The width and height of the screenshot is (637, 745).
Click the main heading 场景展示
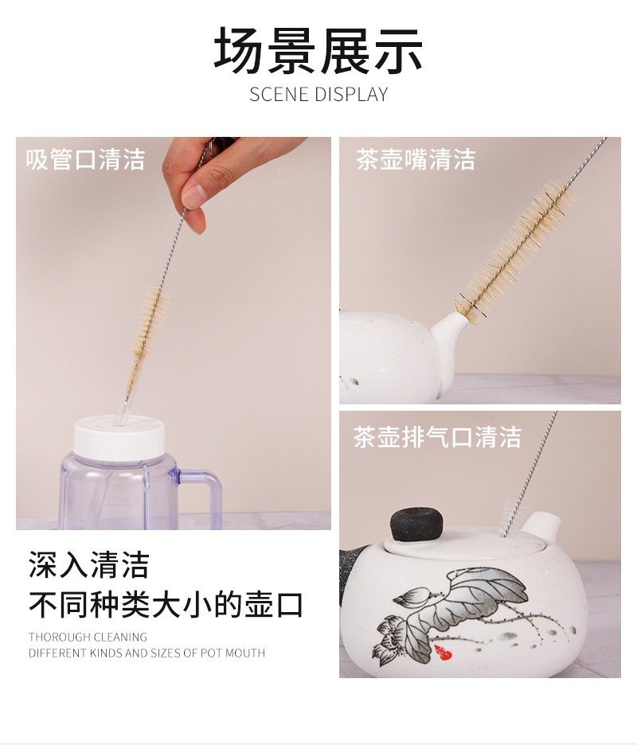[318, 51]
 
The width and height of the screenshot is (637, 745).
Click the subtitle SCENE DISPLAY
[318, 94]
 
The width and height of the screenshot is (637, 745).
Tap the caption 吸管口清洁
[85, 159]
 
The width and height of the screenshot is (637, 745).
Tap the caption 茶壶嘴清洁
[416, 159]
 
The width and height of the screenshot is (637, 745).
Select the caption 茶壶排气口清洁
[437, 437]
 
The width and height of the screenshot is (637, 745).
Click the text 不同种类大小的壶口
[166, 605]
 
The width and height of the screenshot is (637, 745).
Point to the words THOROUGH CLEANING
[88, 637]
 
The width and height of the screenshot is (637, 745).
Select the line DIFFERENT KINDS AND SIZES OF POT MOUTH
[147, 653]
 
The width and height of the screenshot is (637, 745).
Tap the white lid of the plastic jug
[119, 439]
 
